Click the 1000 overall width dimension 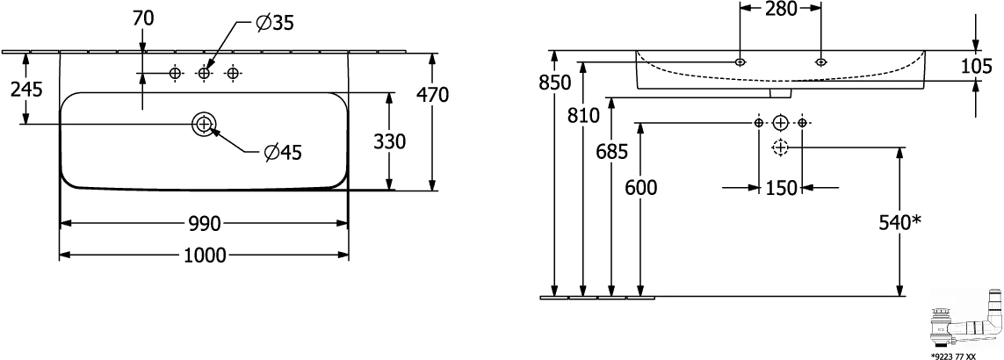point(205,256)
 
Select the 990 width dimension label point(205,224)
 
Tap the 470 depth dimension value point(433,95)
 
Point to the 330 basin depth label point(389,141)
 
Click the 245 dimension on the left point(26,89)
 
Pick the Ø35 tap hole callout point(274,24)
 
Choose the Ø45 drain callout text point(282,152)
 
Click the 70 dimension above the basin point(143,19)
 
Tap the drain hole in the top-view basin point(204,123)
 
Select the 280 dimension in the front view point(781,9)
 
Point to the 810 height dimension point(583,116)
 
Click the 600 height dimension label point(641,188)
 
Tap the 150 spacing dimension point(781,188)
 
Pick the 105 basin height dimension point(977,65)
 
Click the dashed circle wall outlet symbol point(780,148)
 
